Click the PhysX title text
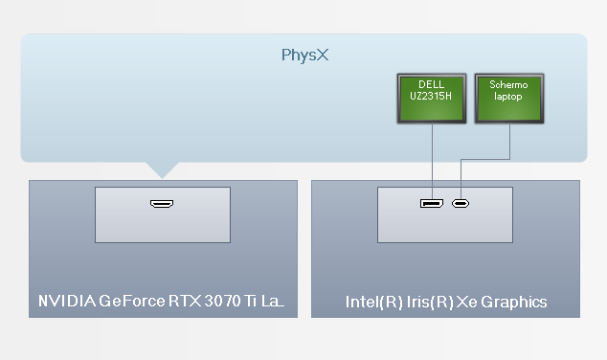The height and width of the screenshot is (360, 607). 304,55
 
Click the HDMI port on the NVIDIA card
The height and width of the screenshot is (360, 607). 162,204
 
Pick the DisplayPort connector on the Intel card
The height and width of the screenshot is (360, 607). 431,203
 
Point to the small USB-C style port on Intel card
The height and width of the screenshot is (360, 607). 461,203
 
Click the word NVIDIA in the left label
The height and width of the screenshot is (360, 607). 66,303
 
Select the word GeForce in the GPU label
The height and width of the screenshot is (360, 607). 130,303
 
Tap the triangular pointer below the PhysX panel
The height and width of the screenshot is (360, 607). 164,169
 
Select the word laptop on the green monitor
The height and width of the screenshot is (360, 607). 508,97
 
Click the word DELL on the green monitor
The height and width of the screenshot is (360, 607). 431,84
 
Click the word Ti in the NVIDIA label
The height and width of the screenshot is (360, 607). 249,303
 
